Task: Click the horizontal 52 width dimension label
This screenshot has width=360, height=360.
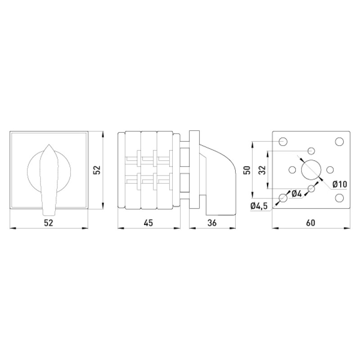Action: tap(49, 223)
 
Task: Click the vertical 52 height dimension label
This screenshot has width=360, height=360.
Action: tap(97, 170)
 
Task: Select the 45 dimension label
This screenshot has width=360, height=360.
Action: tap(148, 223)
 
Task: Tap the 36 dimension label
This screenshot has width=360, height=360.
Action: tap(211, 223)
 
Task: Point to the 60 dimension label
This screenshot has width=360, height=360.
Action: tap(310, 223)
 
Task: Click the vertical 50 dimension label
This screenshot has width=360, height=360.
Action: tap(247, 170)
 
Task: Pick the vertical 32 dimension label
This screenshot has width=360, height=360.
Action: tap(263, 170)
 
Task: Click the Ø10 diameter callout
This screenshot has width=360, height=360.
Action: tap(340, 184)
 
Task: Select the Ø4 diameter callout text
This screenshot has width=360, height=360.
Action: tap(297, 194)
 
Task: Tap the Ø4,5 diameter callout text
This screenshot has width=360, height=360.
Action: tap(259, 206)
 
